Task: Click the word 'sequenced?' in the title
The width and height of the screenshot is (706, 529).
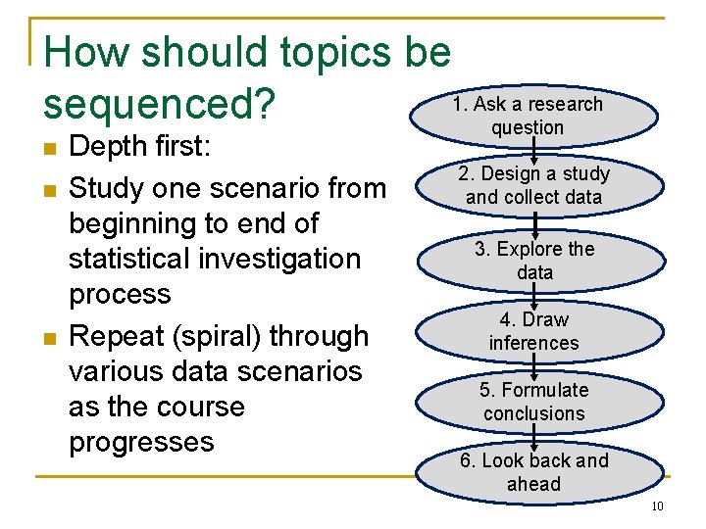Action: (x=160, y=105)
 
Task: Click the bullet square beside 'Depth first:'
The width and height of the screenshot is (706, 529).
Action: (x=50, y=149)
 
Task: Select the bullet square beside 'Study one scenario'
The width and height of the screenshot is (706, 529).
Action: (x=50, y=191)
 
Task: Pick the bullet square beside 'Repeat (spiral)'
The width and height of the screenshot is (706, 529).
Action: (x=50, y=338)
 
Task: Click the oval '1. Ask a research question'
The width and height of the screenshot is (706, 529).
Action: (x=534, y=116)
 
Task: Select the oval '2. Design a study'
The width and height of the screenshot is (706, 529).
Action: (x=539, y=186)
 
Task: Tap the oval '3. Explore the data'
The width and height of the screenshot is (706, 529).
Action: (x=541, y=261)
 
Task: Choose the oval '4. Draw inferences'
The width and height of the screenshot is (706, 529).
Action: (x=539, y=331)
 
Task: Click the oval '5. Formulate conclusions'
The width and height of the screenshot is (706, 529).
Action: (x=539, y=402)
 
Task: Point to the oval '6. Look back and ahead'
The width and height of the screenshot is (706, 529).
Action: (x=539, y=472)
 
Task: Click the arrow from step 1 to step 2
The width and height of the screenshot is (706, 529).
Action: (x=534, y=151)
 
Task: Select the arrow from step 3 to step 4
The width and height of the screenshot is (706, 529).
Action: (x=534, y=296)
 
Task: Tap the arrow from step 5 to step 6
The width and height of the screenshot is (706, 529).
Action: (x=534, y=438)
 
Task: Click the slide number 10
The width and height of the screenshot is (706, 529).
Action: (x=657, y=506)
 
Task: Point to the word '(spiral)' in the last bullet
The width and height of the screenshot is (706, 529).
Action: (x=217, y=337)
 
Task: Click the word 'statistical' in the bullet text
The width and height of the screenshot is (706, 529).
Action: (x=129, y=259)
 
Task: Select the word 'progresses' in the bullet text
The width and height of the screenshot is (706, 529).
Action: (x=141, y=443)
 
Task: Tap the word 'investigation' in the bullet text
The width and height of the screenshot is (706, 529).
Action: (x=279, y=260)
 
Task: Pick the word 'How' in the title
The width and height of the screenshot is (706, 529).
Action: (x=86, y=52)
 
